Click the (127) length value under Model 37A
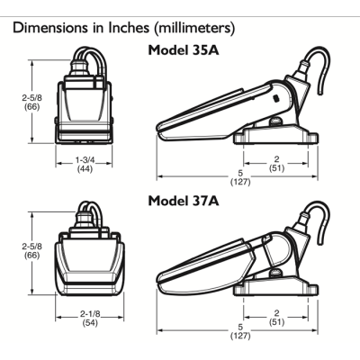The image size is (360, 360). [x=240, y=335]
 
